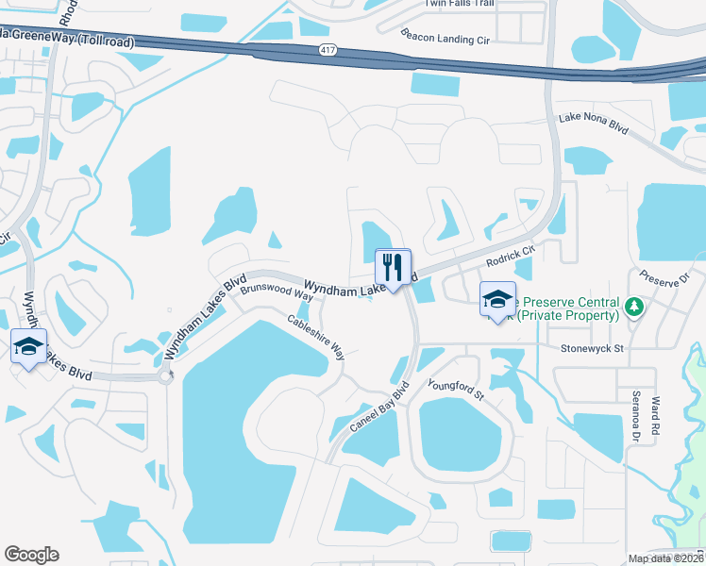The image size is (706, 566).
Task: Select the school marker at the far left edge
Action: click(28, 346)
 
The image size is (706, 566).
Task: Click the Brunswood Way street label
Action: click(276, 292)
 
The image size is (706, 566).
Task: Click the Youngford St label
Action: click(455, 388)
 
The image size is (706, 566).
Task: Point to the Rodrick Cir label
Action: click(511, 257)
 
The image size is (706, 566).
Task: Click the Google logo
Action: click(32, 555)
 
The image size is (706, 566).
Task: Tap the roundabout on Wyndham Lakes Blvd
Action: click(166, 377)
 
